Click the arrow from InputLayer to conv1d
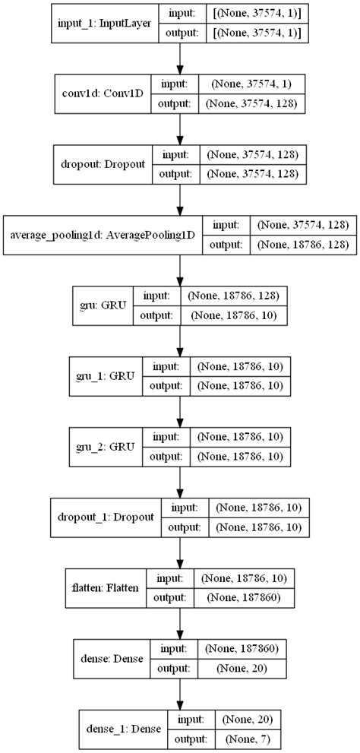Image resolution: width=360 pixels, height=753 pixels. pos(179,57)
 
